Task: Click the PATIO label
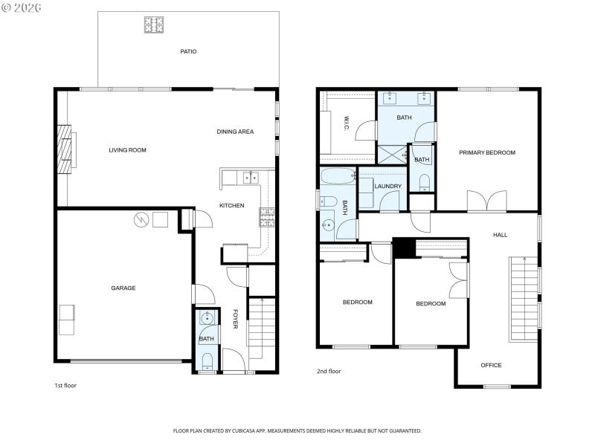[x=188, y=51]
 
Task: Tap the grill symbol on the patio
[x=153, y=25]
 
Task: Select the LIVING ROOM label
[x=127, y=150]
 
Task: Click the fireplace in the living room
[x=68, y=149]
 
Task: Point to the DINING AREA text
[x=235, y=132]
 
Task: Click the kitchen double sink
[x=249, y=178]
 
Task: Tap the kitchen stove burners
[x=266, y=216]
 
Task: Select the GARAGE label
[x=123, y=288]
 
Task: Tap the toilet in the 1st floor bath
[x=207, y=363]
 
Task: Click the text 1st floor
[x=65, y=386]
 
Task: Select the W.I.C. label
[x=346, y=123]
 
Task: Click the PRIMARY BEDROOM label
[x=486, y=152]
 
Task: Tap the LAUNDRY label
[x=388, y=187]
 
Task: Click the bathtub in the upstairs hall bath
[x=338, y=177]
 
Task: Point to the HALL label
[x=500, y=235]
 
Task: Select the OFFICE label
[x=491, y=365]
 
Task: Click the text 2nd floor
[x=329, y=371]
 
